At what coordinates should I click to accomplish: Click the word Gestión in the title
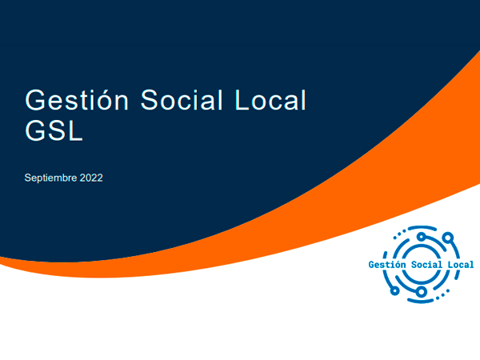[x=77, y=100]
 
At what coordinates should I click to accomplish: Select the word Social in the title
[x=182, y=100]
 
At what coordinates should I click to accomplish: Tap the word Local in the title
[x=270, y=100]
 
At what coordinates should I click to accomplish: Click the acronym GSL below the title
[x=54, y=130]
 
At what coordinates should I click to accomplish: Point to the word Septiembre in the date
[x=50, y=178]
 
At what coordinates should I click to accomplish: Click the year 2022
[x=91, y=178]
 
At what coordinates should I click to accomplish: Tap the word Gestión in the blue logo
[x=387, y=265]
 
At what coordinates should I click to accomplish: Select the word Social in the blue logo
[x=426, y=265]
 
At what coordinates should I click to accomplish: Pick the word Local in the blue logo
[x=461, y=265]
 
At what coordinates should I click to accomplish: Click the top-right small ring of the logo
[x=448, y=238]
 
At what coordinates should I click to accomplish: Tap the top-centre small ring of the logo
[x=422, y=237]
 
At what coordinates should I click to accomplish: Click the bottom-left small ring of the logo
[x=395, y=290]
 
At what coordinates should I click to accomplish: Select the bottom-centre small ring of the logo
[x=422, y=292]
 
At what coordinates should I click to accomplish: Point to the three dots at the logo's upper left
[x=399, y=234]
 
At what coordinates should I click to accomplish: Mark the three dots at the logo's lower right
[x=443, y=294]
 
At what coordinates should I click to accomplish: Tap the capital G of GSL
[x=35, y=130]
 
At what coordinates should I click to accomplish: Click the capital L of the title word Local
[x=242, y=100]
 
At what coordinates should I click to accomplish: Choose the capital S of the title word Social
[x=150, y=100]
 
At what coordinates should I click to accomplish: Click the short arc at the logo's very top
[x=422, y=227]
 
